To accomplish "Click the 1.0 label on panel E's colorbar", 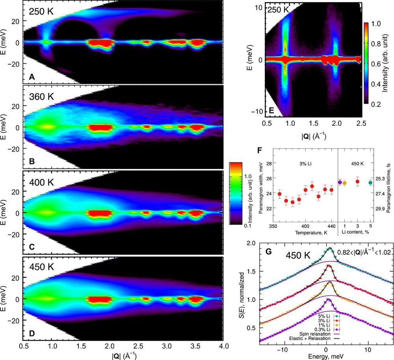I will [376, 24].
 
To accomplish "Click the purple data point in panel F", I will [340, 182].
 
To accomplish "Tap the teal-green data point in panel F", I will [370, 183].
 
